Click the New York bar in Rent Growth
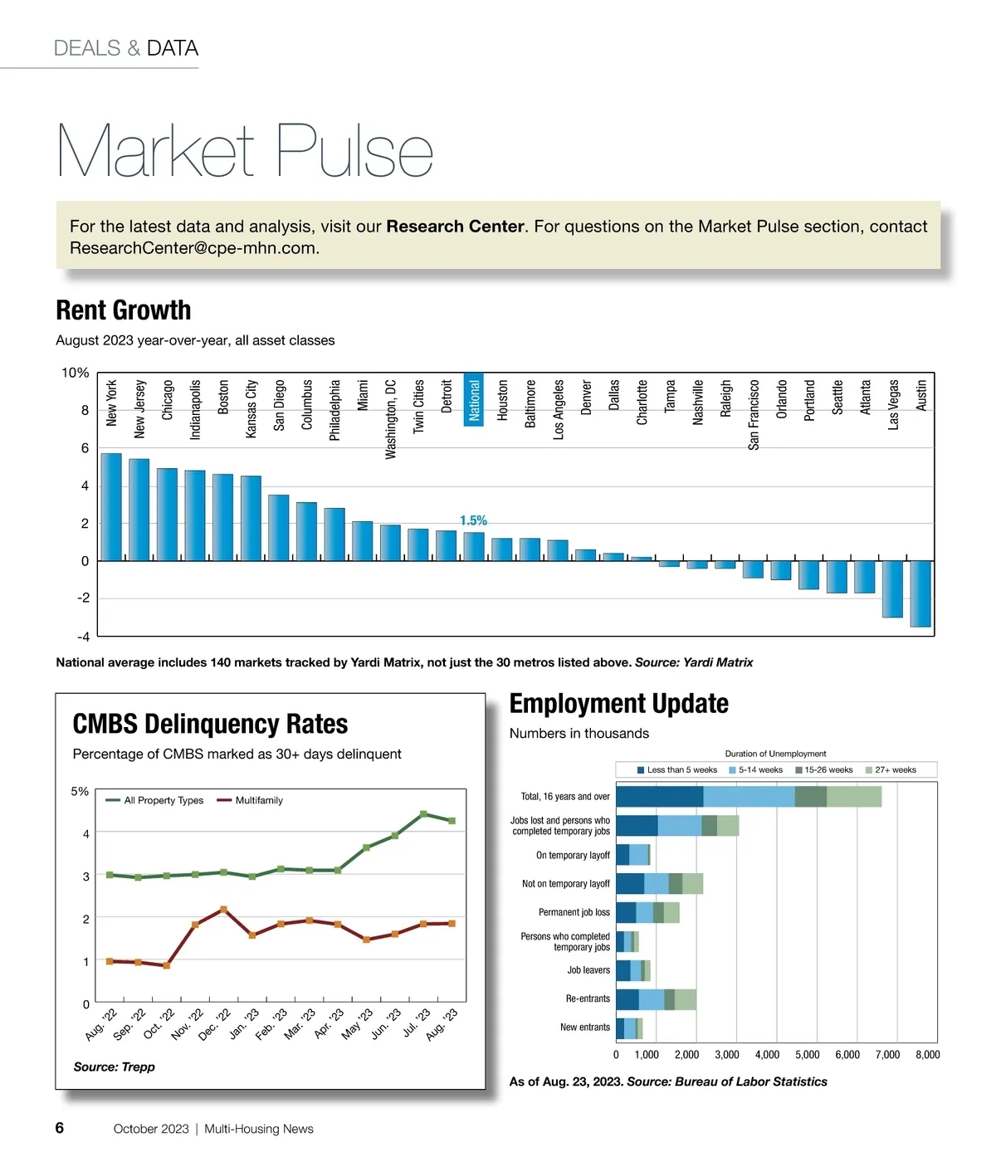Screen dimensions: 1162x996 coord(111,507)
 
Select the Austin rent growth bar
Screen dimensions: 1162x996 coord(920,593)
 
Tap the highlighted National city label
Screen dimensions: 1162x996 coord(474,400)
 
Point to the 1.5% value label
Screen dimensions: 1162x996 coord(473,520)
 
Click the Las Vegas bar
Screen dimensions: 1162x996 coord(892,588)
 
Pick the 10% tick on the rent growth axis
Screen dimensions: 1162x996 coord(76,373)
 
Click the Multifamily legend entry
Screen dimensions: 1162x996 coord(250,800)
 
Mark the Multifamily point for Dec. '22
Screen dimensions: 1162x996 coord(223,910)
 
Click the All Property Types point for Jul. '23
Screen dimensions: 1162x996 coord(423,814)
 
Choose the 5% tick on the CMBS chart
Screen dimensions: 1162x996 coord(80,792)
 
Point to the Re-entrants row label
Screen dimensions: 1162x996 coord(588,999)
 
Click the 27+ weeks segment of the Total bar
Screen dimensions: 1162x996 coord(853,797)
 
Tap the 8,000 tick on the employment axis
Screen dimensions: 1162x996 coord(927,1055)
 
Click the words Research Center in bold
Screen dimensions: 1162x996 coord(455,227)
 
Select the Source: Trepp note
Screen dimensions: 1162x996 coord(114,1067)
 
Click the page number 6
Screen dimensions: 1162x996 coord(60,1128)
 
